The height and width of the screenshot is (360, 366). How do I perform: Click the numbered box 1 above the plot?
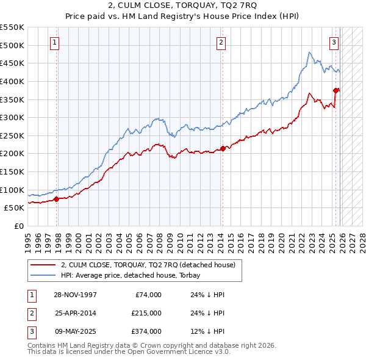tap(55, 43)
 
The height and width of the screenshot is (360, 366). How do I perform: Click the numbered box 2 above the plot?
tap(220, 43)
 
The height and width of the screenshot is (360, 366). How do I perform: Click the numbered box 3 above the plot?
tap(334, 43)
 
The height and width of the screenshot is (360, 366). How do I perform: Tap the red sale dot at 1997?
tap(57, 198)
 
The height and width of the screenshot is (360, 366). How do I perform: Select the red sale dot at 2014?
tap(223, 148)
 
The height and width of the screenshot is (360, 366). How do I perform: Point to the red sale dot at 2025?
tap(335, 90)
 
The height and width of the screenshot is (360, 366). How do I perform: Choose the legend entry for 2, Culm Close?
tap(151, 265)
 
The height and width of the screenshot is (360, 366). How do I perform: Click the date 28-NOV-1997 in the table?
tap(75, 295)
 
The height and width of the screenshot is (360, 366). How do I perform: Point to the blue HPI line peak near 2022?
tap(310, 52)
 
